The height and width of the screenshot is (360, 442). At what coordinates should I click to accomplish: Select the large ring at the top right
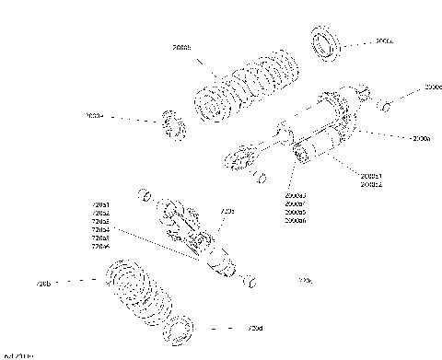[324, 43]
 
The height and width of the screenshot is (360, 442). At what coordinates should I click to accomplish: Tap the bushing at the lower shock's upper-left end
[144, 196]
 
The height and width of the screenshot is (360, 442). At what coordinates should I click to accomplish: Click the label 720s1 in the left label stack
[100, 203]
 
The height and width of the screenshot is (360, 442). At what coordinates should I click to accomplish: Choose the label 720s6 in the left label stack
[100, 247]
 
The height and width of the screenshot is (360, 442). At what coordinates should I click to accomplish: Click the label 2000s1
[371, 176]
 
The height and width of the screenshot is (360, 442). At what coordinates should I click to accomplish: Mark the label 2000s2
[371, 184]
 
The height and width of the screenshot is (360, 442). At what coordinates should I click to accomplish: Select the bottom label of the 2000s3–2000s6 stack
[296, 221]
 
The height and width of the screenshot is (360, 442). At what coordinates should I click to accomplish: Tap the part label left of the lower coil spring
[42, 283]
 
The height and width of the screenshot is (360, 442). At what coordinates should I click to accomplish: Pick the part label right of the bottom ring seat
[256, 329]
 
